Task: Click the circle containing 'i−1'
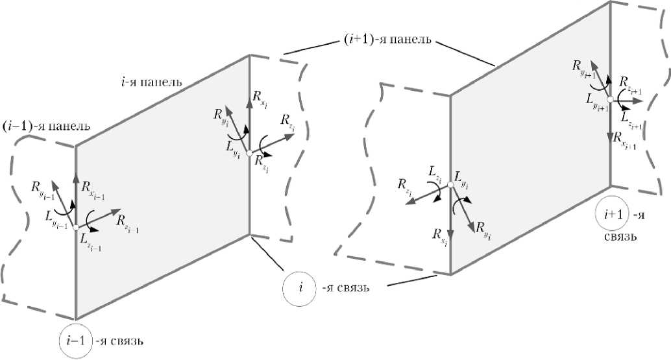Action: (75, 339)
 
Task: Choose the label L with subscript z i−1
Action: (90, 242)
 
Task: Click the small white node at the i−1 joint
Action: (76, 227)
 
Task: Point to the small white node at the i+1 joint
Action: (610, 99)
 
